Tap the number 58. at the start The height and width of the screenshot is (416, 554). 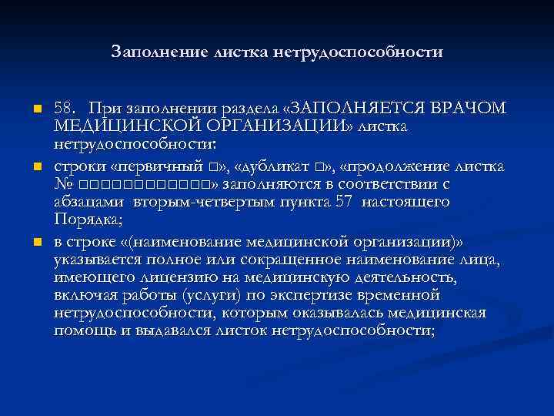[65, 108]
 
